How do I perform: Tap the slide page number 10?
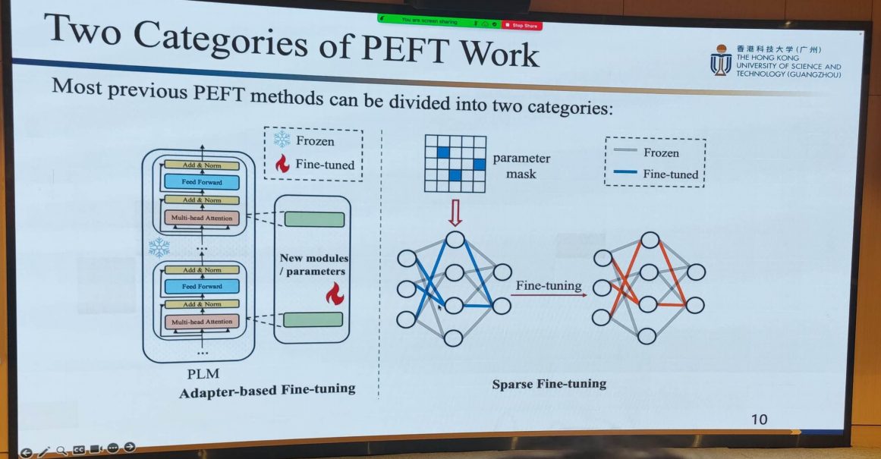coord(758,419)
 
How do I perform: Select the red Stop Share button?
coord(522,25)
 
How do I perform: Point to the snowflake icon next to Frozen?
coord(282,140)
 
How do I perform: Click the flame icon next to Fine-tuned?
coord(282,163)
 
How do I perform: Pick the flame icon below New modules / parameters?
coord(334,293)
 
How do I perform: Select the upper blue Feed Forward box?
coord(201,182)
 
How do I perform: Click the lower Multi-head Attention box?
coord(201,322)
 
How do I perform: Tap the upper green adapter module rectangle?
coord(314,220)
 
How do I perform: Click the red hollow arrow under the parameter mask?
coord(455,212)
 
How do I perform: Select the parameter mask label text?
coord(521,166)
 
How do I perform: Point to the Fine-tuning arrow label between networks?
coord(548,286)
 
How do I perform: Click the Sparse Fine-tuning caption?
coord(549,384)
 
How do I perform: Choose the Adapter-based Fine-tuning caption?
coord(267,390)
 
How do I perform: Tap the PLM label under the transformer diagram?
coord(203,374)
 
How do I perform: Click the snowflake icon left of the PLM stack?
coord(159,247)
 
